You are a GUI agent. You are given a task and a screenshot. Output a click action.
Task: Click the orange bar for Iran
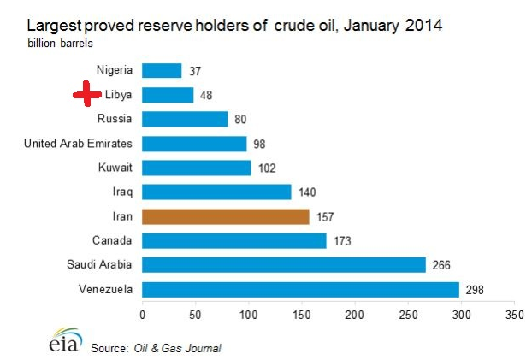click(x=225, y=216)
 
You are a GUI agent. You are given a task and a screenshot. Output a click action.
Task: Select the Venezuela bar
click(x=300, y=289)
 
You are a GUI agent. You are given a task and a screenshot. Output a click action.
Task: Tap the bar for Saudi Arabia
click(x=283, y=265)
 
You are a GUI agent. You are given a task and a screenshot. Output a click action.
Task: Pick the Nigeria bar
click(x=162, y=70)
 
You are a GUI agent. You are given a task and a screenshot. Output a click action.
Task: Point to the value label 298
click(x=475, y=290)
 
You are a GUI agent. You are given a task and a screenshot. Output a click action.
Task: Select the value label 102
click(x=267, y=168)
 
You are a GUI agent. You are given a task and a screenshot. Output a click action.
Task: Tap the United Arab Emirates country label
click(x=79, y=143)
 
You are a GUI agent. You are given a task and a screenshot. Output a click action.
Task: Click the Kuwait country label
click(x=114, y=168)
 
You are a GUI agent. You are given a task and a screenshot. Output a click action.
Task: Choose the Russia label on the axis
click(x=115, y=119)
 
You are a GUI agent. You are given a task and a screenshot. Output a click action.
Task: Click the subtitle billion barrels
click(x=60, y=41)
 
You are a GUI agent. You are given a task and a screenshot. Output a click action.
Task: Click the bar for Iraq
click(x=216, y=192)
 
